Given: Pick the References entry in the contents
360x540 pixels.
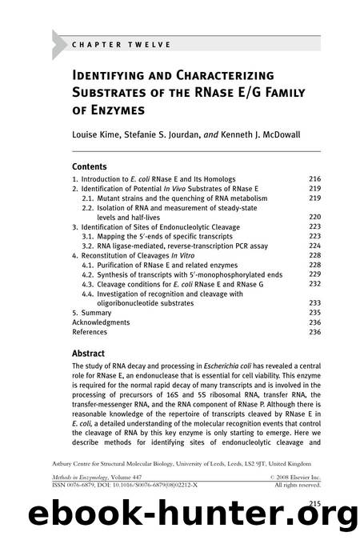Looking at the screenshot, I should point(90,332).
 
